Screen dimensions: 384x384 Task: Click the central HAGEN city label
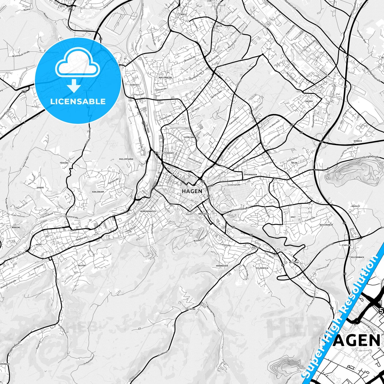(x=192, y=191)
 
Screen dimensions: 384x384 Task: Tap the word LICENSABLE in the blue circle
(x=78, y=102)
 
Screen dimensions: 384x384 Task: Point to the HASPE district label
(x=39, y=244)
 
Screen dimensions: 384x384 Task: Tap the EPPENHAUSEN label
(x=250, y=175)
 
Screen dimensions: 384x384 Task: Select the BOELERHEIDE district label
(x=165, y=78)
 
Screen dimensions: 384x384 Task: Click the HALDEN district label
(x=309, y=101)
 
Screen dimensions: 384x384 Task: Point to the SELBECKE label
(x=191, y=309)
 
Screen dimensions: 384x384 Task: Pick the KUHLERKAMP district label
(x=98, y=191)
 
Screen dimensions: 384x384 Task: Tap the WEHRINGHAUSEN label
(x=148, y=211)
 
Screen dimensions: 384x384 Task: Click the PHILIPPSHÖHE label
(x=126, y=159)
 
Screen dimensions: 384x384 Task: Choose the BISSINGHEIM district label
(x=326, y=225)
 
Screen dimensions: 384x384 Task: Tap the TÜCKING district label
(x=64, y=163)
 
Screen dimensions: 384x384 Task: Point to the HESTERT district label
(x=82, y=265)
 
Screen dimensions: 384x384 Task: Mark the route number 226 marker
(x=24, y=92)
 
